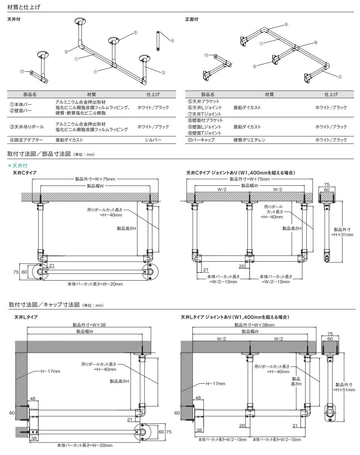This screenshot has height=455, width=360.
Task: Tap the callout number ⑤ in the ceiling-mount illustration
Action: coord(136,33)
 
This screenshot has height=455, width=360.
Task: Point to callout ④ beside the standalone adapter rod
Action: coord(172,40)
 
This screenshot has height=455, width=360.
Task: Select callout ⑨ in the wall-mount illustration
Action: coord(286,24)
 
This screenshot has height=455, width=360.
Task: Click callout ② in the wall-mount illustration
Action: coord(340,77)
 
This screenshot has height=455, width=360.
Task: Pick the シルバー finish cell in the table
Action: coord(153,140)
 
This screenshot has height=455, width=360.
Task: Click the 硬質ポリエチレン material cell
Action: coord(250,140)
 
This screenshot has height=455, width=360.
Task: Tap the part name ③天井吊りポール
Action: coord(26,127)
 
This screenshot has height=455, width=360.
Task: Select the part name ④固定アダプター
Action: coord(26,140)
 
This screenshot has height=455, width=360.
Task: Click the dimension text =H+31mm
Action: coord(342,234)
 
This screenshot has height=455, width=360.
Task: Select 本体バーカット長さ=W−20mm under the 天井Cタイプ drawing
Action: coord(95,284)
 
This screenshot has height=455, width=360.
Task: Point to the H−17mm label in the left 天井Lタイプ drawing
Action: coord(50,371)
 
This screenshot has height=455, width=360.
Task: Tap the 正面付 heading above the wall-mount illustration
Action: coord(192,19)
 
